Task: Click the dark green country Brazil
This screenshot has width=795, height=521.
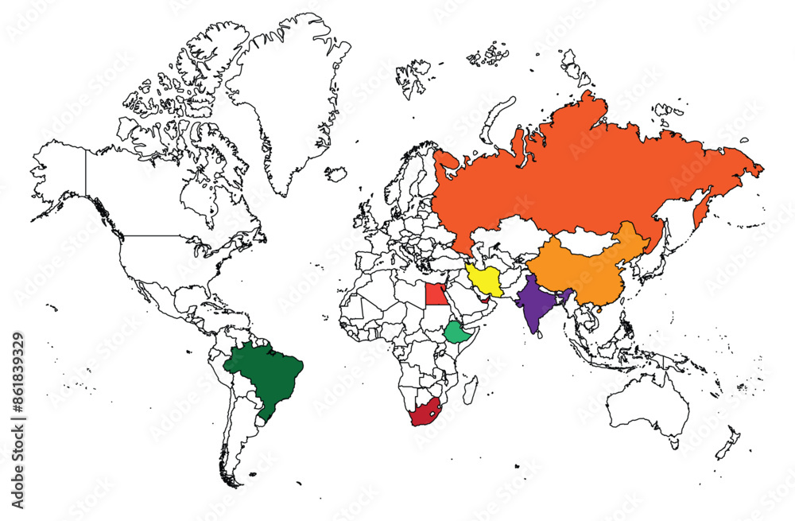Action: (x=266, y=374)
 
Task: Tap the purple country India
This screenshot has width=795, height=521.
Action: (x=537, y=306)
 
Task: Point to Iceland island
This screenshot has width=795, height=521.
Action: (x=336, y=173)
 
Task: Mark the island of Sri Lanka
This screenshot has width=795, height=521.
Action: (x=541, y=332)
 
